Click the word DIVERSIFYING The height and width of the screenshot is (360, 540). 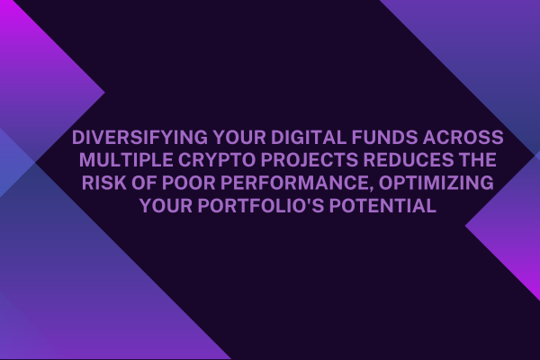click(x=139, y=138)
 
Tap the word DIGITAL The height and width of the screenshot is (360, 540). click(x=309, y=138)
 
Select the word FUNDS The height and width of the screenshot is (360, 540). click(x=384, y=138)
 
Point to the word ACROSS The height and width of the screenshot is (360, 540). click(x=463, y=138)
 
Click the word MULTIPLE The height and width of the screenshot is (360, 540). click(x=126, y=160)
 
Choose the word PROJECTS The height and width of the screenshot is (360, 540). click(x=310, y=160)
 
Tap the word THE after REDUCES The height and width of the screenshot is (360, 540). click(x=479, y=160)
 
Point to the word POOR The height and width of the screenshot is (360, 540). click(x=188, y=183)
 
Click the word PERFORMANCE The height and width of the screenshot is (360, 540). click(x=296, y=183)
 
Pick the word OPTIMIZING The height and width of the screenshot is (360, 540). click(x=436, y=183)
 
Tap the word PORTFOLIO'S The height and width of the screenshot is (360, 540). click(x=260, y=206)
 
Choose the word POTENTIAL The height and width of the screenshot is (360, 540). click(x=382, y=206)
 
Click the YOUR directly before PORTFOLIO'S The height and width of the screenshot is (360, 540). click(x=166, y=206)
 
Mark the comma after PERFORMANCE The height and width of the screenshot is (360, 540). click(x=374, y=189)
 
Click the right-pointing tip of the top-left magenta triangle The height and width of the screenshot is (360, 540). click(x=104, y=93)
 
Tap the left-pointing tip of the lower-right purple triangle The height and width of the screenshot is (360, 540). click(x=465, y=226)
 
